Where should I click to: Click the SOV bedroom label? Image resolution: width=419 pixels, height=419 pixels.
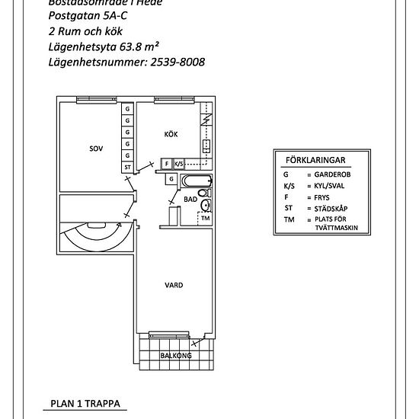95,150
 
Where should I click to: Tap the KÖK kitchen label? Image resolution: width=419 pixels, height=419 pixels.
171,134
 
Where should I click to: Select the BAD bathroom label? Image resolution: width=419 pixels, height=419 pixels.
190,199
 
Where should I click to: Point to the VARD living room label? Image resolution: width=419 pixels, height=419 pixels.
173,286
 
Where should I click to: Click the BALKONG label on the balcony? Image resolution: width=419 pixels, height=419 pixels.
175,355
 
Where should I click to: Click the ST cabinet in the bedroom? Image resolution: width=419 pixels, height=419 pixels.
127,167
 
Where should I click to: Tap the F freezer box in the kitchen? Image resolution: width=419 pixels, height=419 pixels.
167,163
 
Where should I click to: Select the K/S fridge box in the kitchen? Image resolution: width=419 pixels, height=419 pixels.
179,163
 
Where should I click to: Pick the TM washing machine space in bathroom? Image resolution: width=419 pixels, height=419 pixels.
204,219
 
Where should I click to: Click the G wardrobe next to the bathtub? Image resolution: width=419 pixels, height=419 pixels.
172,179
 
